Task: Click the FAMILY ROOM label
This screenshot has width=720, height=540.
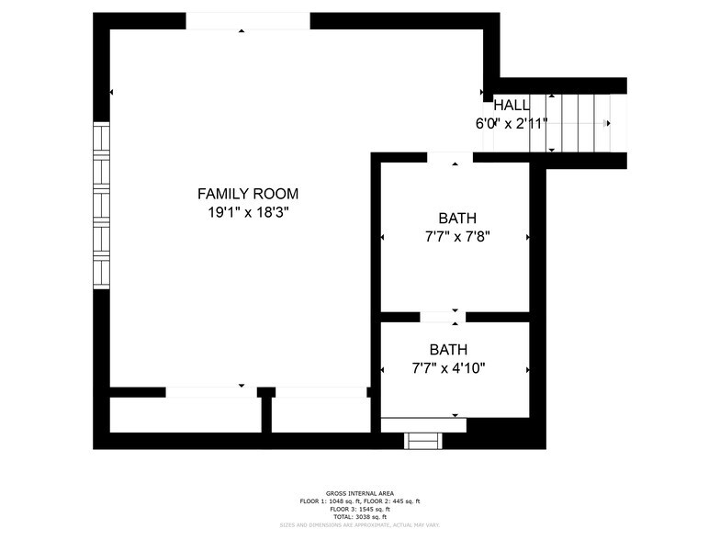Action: tap(248, 194)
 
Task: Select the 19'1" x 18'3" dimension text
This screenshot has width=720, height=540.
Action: tap(248, 212)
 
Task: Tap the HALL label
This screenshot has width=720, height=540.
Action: tap(512, 105)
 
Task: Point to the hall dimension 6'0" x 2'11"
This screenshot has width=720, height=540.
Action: tap(512, 123)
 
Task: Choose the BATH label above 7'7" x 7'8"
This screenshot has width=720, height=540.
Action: tap(456, 219)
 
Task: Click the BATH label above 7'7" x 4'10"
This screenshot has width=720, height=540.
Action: tap(448, 350)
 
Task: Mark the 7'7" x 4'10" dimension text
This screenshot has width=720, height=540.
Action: tap(448, 368)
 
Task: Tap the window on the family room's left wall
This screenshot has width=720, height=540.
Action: tap(101, 206)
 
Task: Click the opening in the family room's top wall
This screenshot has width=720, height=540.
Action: tap(248, 21)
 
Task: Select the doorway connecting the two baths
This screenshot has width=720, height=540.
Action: tap(443, 317)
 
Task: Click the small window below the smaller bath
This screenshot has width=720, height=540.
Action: tap(424, 441)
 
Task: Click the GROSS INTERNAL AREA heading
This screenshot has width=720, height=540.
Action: tap(360, 493)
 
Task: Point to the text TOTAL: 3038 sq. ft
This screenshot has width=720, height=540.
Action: tap(360, 515)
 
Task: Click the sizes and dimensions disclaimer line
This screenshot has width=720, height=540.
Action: tap(360, 523)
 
